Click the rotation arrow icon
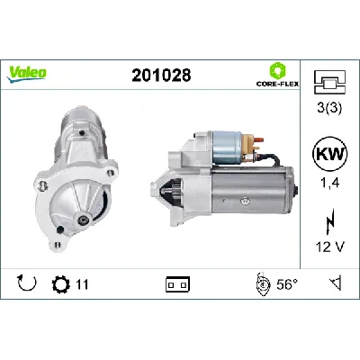tap(26, 284)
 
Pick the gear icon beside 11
tap(61, 284)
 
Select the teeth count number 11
tap(83, 285)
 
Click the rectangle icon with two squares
tap(176, 285)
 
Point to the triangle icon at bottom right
tap(334, 284)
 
